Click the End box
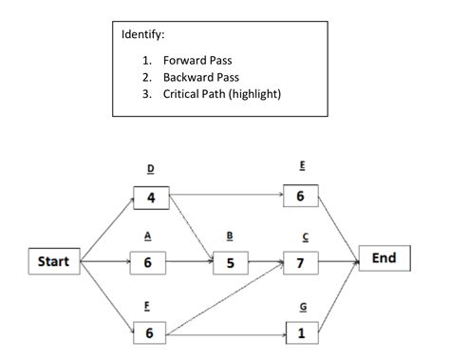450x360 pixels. click(x=384, y=258)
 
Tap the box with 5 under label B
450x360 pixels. click(x=230, y=262)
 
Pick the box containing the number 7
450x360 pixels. click(x=301, y=262)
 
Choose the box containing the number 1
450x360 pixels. click(x=301, y=333)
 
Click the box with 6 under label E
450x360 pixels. click(x=301, y=198)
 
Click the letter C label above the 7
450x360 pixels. click(x=301, y=238)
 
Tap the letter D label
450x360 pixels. click(x=149, y=170)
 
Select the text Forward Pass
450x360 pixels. click(x=197, y=59)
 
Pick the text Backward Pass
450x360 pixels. click(x=201, y=76)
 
